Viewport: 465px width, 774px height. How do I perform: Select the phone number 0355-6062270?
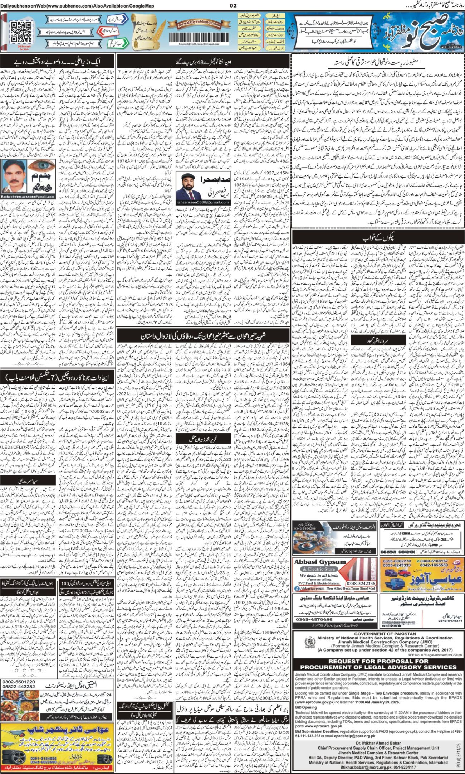pos(395,561)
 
